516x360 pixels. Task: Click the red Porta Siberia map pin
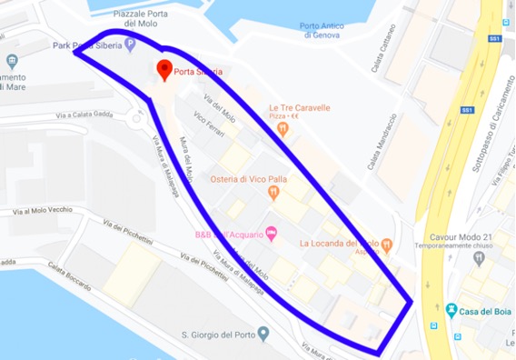tap(164, 69)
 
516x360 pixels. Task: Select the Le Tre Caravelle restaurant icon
tap(283, 129)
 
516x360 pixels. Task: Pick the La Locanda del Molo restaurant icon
tap(388, 244)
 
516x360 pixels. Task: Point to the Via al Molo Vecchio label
tap(42, 211)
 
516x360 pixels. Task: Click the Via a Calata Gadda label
tap(87, 115)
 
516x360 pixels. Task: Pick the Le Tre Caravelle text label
tap(300, 107)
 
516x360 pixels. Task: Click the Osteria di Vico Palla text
tap(250, 179)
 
